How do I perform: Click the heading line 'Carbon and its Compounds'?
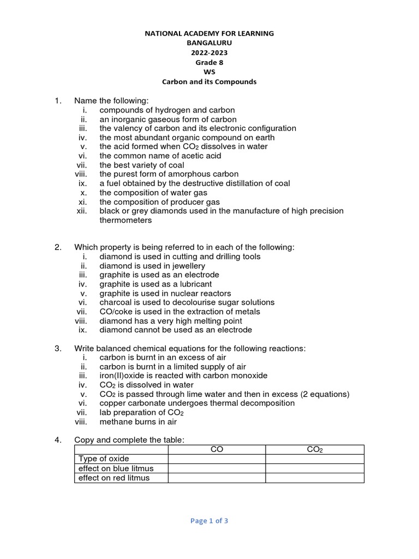tap(209, 82)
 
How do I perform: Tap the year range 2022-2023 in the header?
tap(209, 53)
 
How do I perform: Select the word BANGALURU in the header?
tap(209, 43)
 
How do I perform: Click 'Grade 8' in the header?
tap(209, 62)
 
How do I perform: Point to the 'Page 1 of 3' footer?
tap(209, 521)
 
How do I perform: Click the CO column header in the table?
tap(217, 449)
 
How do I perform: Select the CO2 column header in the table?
tap(315, 449)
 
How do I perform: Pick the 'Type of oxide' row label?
tap(104, 459)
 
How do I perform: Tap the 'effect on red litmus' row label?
tap(114, 478)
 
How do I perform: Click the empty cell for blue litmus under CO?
tap(217, 468)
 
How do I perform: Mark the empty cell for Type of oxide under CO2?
tap(315, 459)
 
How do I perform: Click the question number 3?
tap(58, 348)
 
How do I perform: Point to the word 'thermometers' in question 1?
tap(125, 220)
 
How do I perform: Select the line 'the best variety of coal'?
tap(142, 165)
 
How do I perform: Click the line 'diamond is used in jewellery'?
tap(152, 266)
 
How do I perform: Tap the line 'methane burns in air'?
tap(138, 421)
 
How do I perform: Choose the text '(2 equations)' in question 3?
tap(325, 394)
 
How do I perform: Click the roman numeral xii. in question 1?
tap(83, 211)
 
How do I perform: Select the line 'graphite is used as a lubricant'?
tap(155, 284)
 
